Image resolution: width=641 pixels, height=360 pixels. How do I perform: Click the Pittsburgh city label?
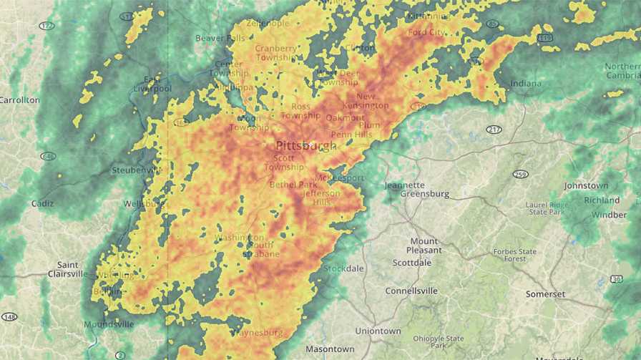point(305,145)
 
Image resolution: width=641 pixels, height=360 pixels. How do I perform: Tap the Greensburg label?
point(424,194)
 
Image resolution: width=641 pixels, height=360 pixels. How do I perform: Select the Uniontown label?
point(378,331)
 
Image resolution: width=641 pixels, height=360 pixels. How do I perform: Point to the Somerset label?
point(545,294)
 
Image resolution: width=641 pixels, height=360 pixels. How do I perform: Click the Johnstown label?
point(586,185)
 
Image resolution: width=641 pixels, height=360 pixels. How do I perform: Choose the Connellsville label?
point(411,291)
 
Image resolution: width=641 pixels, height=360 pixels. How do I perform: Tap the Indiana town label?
point(526,84)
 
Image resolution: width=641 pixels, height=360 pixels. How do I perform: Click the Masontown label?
point(330,349)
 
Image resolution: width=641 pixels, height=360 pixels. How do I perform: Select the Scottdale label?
point(412,263)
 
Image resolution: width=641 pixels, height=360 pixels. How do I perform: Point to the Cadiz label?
point(42,203)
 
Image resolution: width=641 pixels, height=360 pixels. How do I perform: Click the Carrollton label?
point(19,100)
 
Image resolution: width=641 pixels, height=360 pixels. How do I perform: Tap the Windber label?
point(609,215)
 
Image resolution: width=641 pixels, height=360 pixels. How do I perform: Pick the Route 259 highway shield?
point(521,174)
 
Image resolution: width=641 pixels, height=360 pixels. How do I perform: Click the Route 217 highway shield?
point(494,130)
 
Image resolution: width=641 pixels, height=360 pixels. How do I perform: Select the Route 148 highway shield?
point(9,317)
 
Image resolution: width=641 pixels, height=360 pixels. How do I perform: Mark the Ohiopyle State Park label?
point(439,342)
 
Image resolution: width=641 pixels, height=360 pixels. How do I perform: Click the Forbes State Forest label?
point(514,256)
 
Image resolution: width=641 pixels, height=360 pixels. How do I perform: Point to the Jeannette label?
point(404,185)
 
